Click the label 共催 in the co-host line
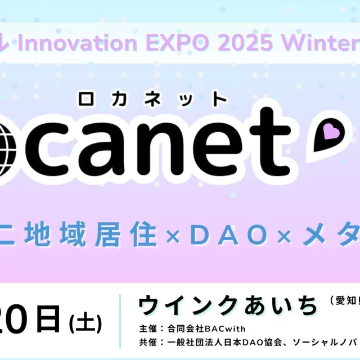(144, 342)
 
